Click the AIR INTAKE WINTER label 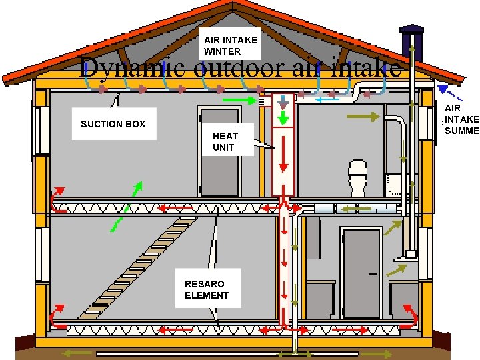(229, 45)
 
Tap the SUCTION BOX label (113, 124)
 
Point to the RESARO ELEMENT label (206, 289)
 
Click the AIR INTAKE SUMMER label (461, 119)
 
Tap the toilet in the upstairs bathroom (358, 176)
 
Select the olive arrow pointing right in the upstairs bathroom (363, 117)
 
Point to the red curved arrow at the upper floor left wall (56, 199)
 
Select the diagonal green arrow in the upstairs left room (137, 189)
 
